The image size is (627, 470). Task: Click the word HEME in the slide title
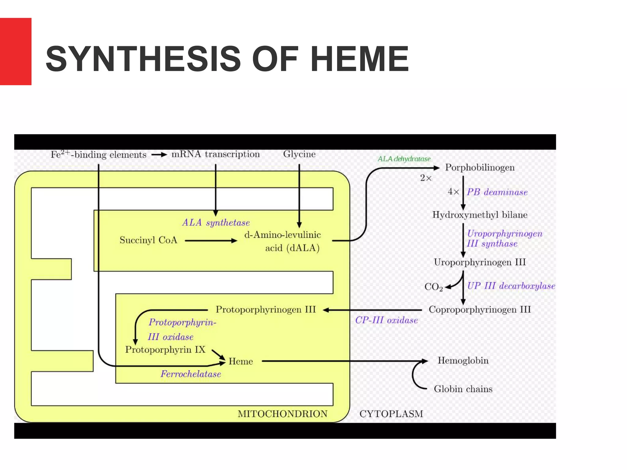pos(360,59)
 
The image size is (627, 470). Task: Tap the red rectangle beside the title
pos(16,51)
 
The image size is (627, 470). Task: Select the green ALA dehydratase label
pos(404,159)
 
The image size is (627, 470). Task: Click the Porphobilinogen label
pos(480,168)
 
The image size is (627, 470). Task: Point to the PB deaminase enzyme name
pos(497,192)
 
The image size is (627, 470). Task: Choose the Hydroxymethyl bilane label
pos(480,215)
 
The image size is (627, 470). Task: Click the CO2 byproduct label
pos(433,287)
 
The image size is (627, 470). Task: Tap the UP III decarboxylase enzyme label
pos(511,286)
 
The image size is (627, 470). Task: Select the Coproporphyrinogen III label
pos(480,310)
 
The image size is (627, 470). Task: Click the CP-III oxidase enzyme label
pos(386,320)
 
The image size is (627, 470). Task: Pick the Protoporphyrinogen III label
pos(265,310)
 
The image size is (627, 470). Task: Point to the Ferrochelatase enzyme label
pos(191,374)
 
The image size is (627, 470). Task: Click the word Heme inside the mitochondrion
pos(241,361)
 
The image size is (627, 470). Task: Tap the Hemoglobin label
pos(463,360)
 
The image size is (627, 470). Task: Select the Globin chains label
pos(463,389)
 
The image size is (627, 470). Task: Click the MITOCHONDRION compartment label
pos(282,414)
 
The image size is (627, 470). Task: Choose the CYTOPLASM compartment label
pos(391,414)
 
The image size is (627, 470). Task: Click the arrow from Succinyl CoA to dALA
pos(211,241)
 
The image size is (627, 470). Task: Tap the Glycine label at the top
pos(299,154)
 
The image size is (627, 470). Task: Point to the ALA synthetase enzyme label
pos(216,222)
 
